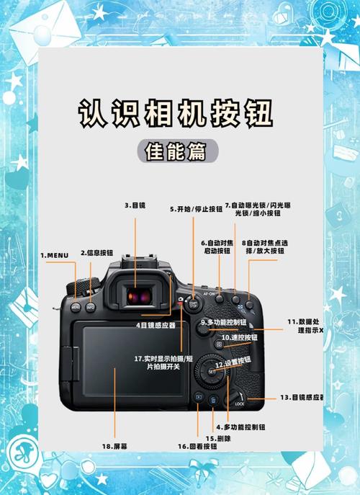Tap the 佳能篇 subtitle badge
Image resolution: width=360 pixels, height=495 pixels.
175,152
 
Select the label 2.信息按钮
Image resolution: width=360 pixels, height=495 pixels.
96,253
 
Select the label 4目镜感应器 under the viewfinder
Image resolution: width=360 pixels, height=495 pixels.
156,325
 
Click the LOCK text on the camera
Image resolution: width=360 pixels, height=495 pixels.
240,404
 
